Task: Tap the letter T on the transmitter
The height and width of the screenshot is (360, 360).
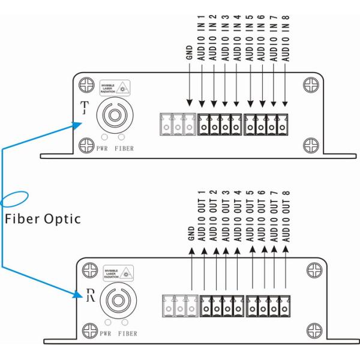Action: click(84, 108)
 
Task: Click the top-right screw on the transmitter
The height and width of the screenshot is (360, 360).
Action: click(310, 84)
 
